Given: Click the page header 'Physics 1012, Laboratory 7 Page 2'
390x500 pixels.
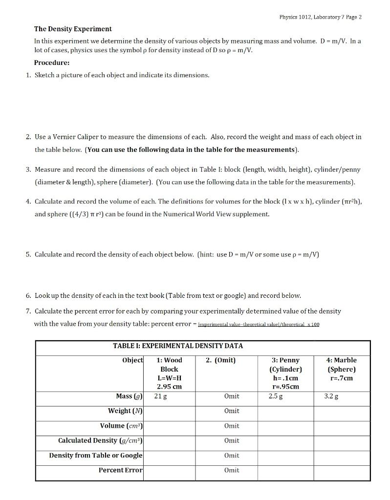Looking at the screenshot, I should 320,17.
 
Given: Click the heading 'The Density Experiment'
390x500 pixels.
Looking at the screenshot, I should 73,29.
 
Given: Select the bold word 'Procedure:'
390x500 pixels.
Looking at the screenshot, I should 51,62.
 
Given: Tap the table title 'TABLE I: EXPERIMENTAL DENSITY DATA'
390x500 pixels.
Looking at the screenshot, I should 178,346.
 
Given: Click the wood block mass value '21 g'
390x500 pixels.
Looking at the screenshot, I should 160,396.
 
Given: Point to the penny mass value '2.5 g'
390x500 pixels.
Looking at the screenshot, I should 276,396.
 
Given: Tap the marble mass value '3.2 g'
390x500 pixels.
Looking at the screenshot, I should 331,396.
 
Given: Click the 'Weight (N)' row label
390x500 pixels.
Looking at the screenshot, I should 126,411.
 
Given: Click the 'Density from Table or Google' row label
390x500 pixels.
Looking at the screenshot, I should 96,455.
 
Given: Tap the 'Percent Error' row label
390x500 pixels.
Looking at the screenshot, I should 121,470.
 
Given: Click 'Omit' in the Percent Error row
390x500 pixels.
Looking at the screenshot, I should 232,470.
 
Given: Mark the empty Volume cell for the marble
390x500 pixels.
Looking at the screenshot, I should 342,426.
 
